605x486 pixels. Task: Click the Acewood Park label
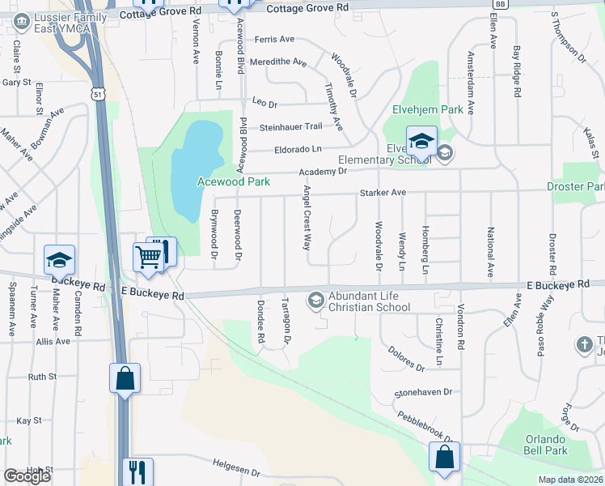point(234,182)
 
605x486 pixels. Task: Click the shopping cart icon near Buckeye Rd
point(149,257)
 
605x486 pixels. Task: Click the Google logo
point(27,476)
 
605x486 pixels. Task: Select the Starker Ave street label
point(383,193)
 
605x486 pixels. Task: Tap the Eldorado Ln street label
point(298,149)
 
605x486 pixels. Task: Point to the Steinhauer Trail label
point(290,126)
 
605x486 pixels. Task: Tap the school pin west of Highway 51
point(59,260)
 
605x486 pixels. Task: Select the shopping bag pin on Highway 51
point(125,378)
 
